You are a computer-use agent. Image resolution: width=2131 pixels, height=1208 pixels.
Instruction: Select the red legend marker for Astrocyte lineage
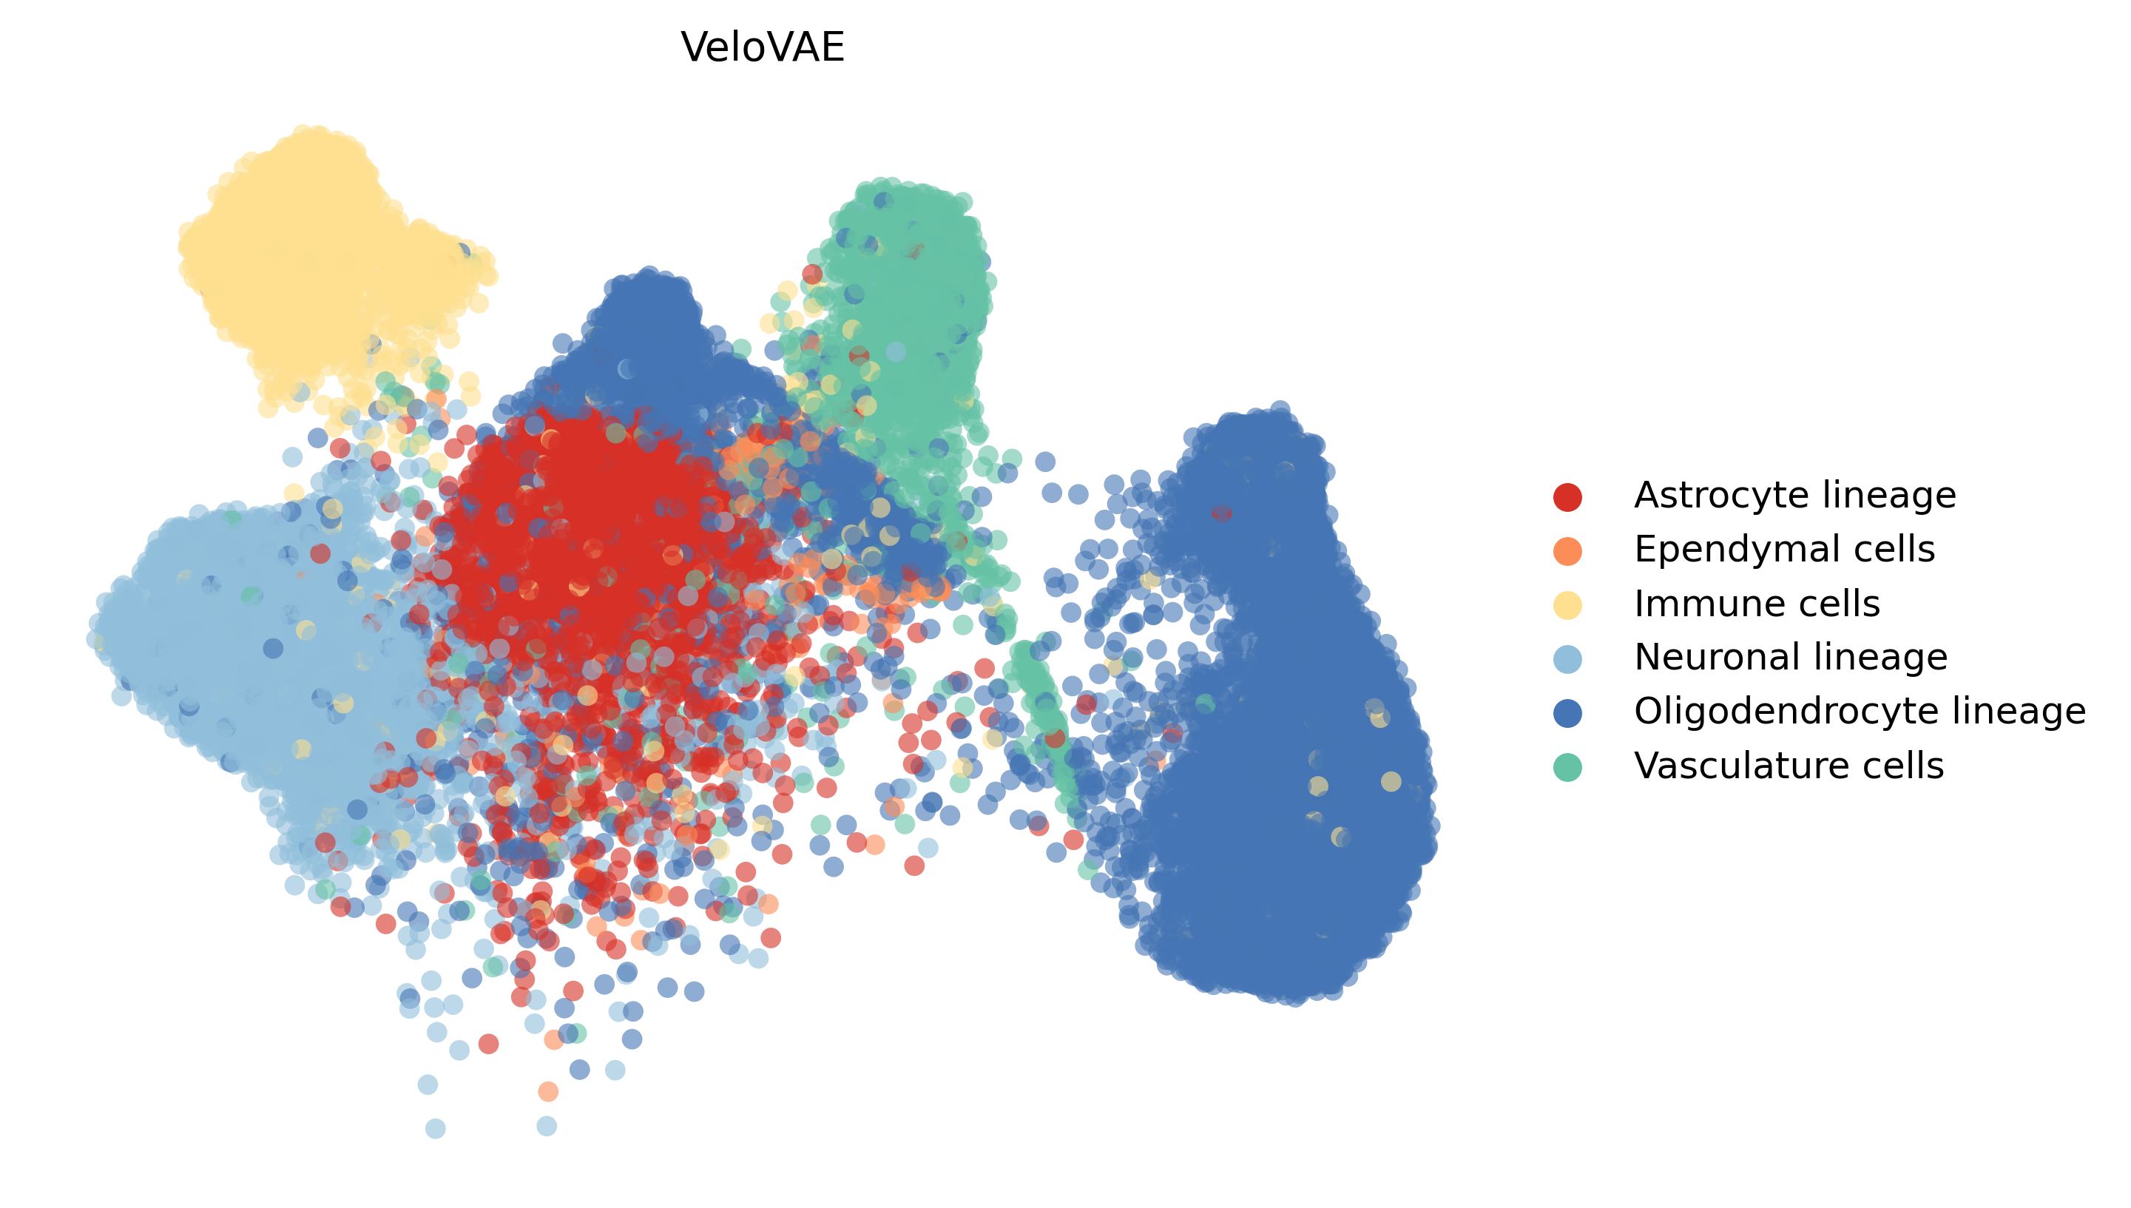tap(1567, 496)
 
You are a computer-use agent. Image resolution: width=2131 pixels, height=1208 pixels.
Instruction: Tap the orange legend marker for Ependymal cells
tap(1567, 551)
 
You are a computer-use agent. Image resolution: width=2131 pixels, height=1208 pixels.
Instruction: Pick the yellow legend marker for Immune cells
tap(1567, 605)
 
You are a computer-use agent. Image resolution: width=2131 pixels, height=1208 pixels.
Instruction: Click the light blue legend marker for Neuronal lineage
tap(1567, 659)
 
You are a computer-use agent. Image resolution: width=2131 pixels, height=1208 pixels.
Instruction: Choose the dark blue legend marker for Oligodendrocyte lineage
tap(1567, 712)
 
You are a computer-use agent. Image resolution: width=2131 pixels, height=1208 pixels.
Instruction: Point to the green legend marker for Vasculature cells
tap(1567, 766)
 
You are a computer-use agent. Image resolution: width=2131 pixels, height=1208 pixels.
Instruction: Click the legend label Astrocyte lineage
tap(1794, 496)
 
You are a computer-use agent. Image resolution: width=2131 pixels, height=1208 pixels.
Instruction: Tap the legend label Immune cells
tap(1756, 604)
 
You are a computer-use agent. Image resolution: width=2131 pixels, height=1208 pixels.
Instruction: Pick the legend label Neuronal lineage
tap(1790, 658)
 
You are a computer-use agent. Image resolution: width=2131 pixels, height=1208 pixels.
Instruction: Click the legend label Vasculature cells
tap(1789, 766)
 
